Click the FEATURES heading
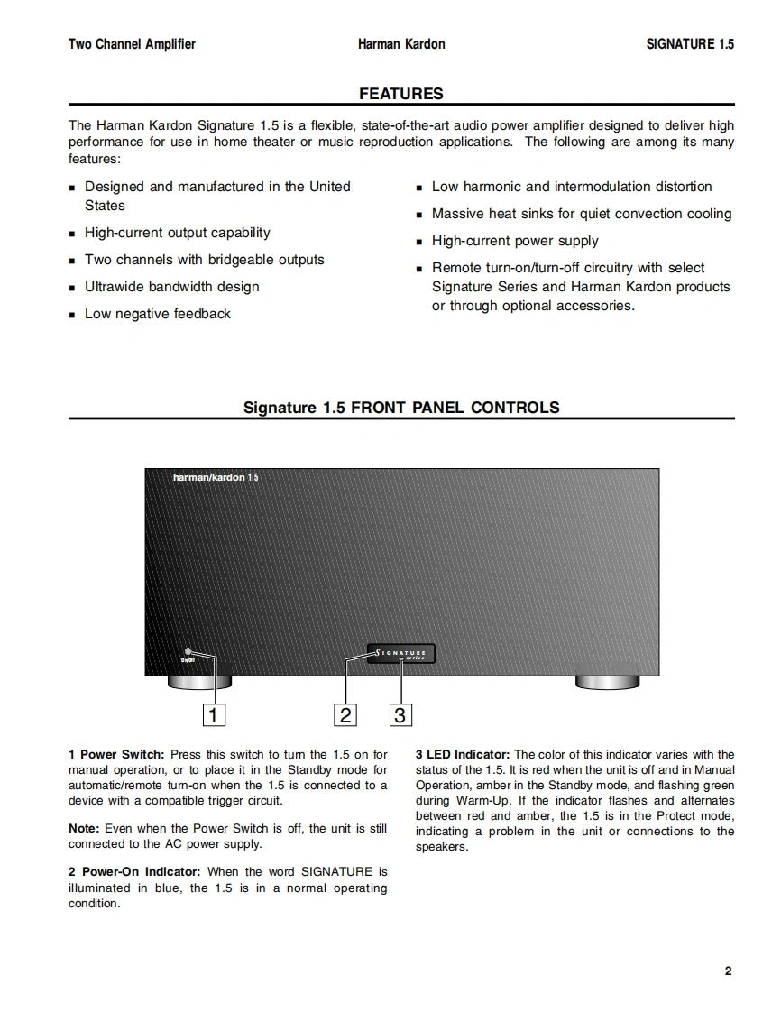400,94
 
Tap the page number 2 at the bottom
728,971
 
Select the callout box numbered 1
213,715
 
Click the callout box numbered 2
345,715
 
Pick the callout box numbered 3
400,715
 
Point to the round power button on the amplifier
188,651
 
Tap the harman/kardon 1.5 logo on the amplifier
216,477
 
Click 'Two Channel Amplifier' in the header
132,44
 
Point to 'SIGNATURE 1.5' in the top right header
690,44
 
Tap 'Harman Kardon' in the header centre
401,44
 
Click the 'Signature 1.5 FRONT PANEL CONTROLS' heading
401,408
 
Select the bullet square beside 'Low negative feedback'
72,315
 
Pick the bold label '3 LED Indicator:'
463,754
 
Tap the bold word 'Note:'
85,828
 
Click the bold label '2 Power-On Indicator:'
136,871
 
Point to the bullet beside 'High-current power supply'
419,242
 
